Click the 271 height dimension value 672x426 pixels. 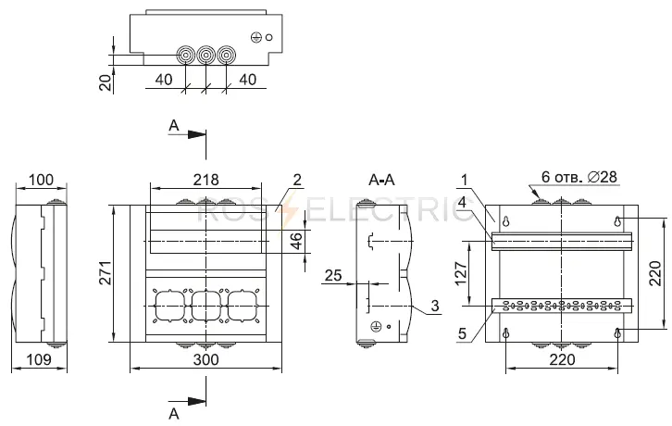(106, 273)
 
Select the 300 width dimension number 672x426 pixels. (206, 359)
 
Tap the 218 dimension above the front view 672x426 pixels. (205, 180)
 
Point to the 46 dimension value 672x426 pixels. (296, 241)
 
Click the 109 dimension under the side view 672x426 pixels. (39, 359)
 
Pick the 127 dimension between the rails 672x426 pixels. (461, 274)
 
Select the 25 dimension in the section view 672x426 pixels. (333, 275)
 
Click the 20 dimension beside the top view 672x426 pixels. (106, 81)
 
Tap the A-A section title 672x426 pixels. (381, 180)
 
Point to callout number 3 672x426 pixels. (435, 306)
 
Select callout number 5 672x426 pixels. (462, 333)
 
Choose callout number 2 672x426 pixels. (297, 180)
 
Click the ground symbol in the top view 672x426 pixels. (255, 37)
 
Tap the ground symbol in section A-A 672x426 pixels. (376, 327)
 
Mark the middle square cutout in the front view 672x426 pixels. (206, 306)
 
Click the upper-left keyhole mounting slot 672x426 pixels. (506, 221)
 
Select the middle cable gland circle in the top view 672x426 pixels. (205, 56)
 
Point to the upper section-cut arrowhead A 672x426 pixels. (197, 134)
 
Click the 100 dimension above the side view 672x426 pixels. (41, 180)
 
